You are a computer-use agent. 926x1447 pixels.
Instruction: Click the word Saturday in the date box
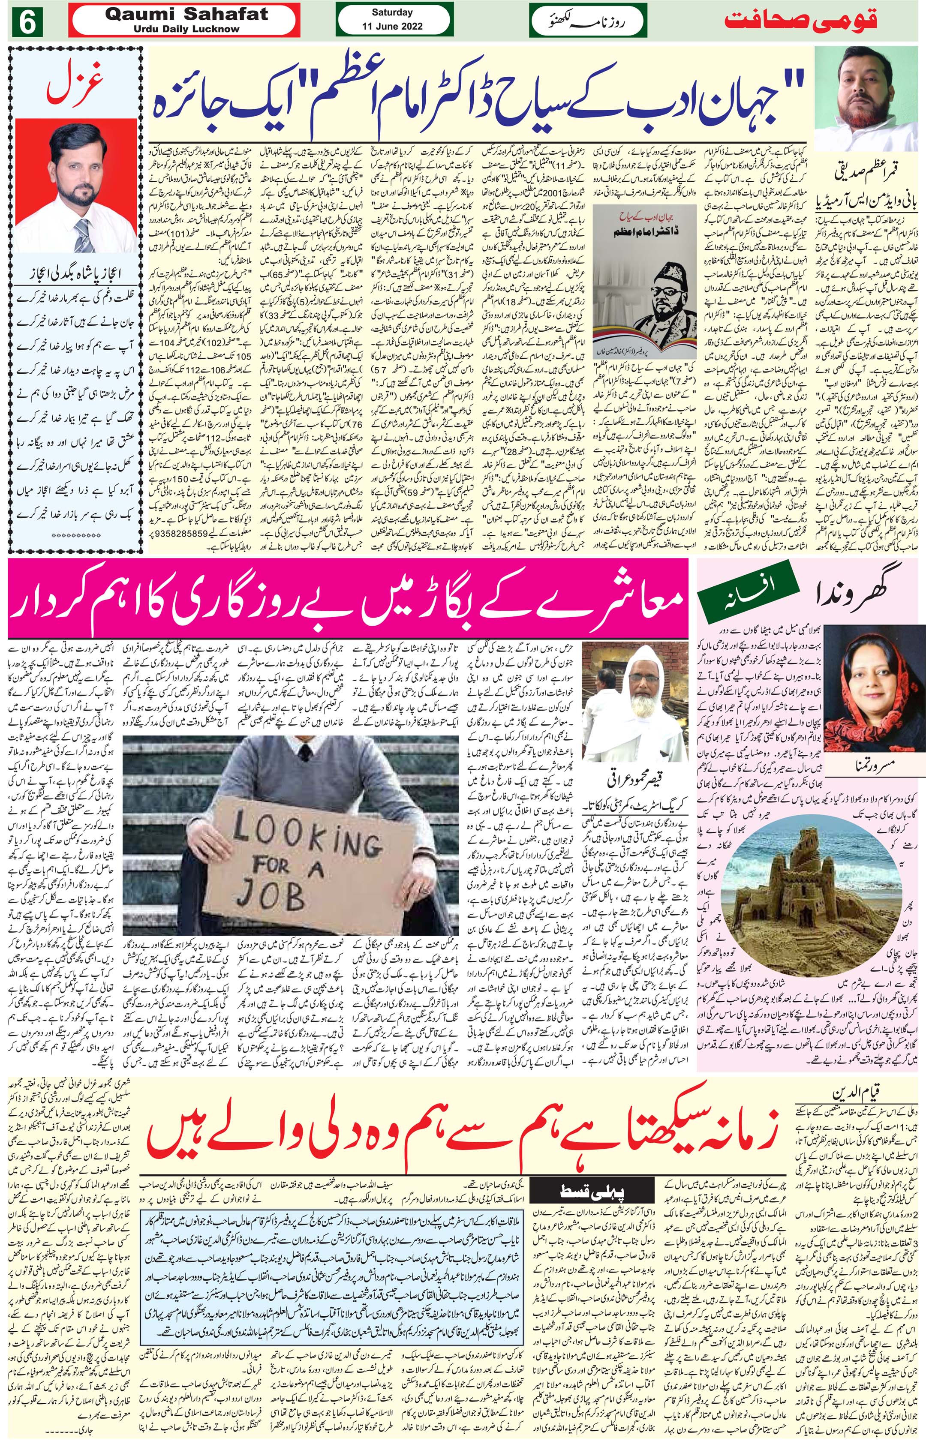pyautogui.click(x=392, y=12)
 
